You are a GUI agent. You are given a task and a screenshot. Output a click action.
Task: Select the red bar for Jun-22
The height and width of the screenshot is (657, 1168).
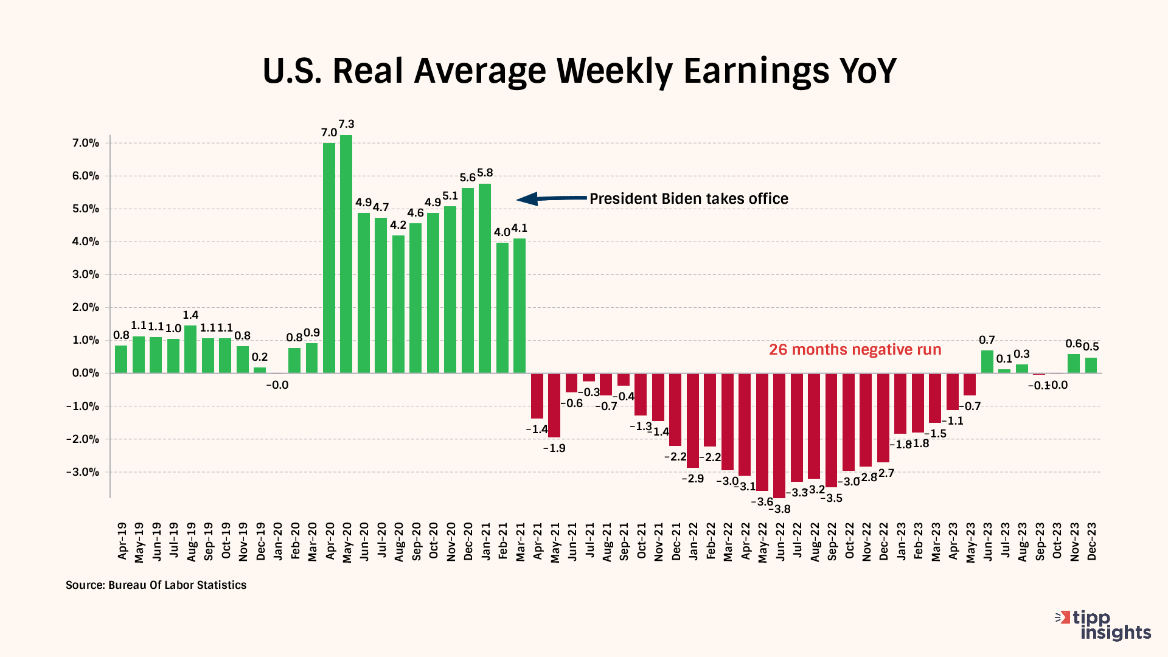(x=779, y=436)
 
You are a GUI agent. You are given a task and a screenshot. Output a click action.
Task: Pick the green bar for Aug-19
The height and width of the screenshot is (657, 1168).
(x=190, y=349)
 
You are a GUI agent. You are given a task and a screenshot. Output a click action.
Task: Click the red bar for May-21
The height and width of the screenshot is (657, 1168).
(x=554, y=405)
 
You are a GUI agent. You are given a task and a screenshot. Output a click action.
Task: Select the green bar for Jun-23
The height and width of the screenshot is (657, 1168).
(x=987, y=362)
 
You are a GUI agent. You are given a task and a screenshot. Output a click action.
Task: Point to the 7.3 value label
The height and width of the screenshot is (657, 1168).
(x=346, y=124)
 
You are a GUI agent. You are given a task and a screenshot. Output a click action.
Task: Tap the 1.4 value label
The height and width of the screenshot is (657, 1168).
(x=190, y=315)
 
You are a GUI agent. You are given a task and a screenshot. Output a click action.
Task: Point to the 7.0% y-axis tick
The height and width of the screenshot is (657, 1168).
(x=86, y=143)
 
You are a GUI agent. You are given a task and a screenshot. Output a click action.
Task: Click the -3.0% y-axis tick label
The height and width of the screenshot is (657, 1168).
(x=83, y=472)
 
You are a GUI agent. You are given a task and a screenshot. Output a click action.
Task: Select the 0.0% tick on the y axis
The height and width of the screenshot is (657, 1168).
(x=86, y=373)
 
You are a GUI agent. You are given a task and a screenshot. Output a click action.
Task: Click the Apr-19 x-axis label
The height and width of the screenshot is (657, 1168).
(x=122, y=541)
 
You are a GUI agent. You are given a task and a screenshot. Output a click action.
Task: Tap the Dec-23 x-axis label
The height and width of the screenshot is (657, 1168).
(x=1092, y=541)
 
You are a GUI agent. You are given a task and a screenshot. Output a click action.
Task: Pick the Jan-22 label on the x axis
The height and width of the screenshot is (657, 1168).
(x=693, y=541)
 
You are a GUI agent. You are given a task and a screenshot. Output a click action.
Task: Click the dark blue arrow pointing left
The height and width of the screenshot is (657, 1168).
(x=551, y=198)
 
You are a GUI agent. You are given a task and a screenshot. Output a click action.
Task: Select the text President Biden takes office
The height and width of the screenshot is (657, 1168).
(x=689, y=199)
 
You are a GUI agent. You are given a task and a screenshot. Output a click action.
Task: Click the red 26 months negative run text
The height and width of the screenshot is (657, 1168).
(x=855, y=350)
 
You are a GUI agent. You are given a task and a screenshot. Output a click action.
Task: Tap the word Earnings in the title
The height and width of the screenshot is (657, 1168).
(x=757, y=71)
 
